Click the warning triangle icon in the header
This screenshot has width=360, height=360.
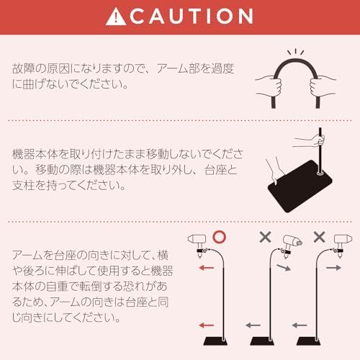[114, 16]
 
